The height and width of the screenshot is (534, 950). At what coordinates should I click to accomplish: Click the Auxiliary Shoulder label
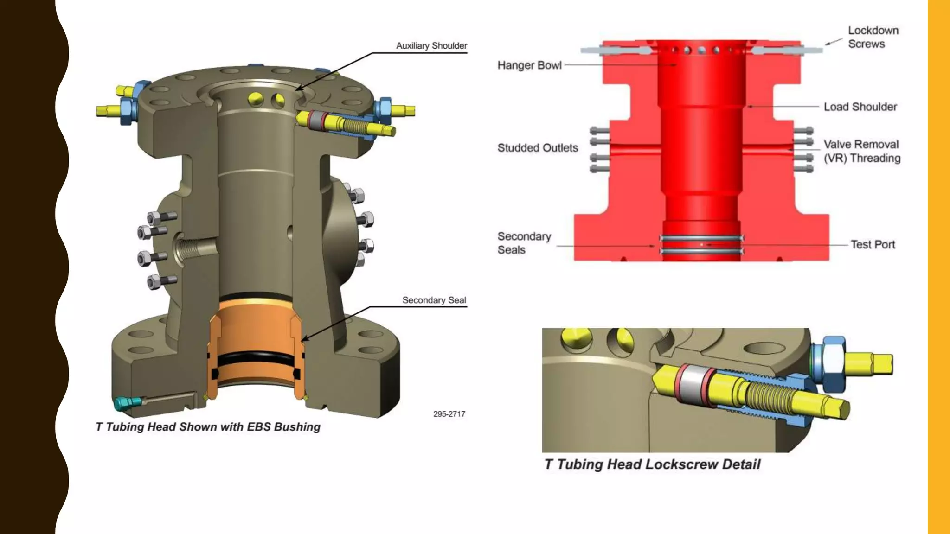click(x=431, y=45)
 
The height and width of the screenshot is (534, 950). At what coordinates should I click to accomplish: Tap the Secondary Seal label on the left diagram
click(x=434, y=300)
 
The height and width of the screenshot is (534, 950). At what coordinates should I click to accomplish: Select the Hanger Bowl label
click(x=529, y=65)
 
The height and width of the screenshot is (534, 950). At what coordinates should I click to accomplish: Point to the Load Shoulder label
click(x=860, y=107)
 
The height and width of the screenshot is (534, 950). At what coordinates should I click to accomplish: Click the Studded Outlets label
click(x=538, y=148)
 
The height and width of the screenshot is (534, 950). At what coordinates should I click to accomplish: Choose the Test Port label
click(x=873, y=244)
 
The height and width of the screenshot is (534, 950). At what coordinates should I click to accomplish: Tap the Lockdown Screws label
click(x=873, y=37)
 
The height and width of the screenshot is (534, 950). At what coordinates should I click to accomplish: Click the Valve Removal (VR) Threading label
click(x=861, y=151)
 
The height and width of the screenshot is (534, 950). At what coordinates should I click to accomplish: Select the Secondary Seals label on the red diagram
click(x=524, y=243)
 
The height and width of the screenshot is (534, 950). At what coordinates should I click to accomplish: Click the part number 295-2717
click(x=449, y=414)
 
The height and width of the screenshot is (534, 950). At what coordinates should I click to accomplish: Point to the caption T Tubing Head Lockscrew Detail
click(x=652, y=464)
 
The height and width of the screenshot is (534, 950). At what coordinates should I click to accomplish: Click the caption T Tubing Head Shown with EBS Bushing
click(x=208, y=427)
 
